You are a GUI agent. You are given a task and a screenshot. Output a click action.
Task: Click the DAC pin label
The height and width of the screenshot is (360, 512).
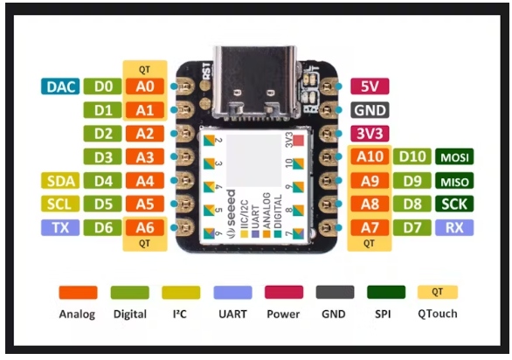pyautogui.click(x=60, y=87)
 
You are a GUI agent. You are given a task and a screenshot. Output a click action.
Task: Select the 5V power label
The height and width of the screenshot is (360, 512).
pyautogui.click(x=370, y=87)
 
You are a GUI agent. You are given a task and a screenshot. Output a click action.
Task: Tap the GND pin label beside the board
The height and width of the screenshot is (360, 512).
pyautogui.click(x=370, y=110)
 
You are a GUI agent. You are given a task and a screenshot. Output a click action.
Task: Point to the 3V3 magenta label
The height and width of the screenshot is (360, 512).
pyautogui.click(x=370, y=134)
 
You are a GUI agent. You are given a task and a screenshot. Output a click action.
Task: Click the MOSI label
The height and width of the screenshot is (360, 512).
pyautogui.click(x=454, y=157)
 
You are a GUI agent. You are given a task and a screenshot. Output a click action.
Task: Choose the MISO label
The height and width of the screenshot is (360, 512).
pyautogui.click(x=454, y=181)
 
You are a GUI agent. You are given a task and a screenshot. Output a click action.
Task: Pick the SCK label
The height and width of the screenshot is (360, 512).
pyautogui.click(x=454, y=204)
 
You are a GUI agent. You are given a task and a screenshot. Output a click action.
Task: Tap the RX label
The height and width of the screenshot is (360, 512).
pyautogui.click(x=454, y=228)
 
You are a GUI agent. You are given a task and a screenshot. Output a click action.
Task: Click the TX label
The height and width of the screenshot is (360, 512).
pyautogui.click(x=60, y=228)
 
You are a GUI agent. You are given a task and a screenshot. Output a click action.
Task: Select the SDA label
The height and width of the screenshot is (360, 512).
pyautogui.click(x=60, y=181)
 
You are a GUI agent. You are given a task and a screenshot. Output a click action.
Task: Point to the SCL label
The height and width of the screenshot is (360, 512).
pyautogui.click(x=60, y=204)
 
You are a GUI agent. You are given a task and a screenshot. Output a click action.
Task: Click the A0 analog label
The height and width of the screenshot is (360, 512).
pyautogui.click(x=145, y=87)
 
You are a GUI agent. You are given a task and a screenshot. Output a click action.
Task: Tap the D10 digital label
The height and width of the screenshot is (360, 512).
pyautogui.click(x=412, y=157)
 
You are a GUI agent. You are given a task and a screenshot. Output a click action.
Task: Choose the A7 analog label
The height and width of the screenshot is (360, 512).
pyautogui.click(x=370, y=228)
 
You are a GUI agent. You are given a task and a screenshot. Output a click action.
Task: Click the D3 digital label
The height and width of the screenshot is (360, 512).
pyautogui.click(x=102, y=157)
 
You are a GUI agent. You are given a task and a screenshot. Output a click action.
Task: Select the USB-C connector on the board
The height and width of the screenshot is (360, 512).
pyautogui.click(x=255, y=84)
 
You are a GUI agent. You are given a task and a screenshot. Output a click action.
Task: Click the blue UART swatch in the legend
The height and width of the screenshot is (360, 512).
pyautogui.click(x=232, y=293)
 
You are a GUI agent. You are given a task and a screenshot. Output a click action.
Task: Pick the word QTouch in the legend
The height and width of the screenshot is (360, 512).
pyautogui.click(x=438, y=314)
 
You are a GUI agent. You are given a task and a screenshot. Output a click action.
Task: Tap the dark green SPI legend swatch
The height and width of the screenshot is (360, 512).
pyautogui.click(x=386, y=293)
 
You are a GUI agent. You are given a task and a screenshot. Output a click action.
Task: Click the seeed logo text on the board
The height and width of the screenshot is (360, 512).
pyautogui.click(x=232, y=213)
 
